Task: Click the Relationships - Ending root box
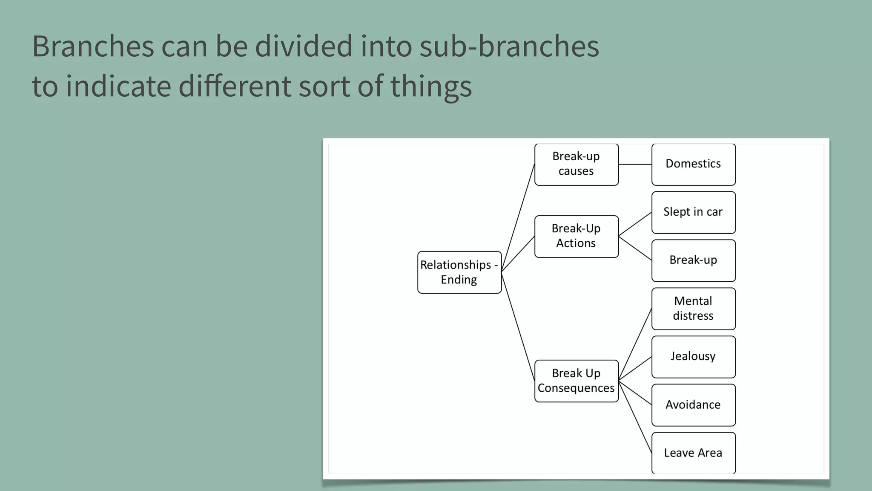click(459, 272)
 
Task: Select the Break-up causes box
click(576, 164)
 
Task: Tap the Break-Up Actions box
click(576, 236)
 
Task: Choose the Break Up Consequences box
click(576, 381)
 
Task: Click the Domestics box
click(693, 164)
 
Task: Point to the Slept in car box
click(693, 212)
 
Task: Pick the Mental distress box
click(693, 309)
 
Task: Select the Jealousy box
click(693, 357)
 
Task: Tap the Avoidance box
click(693, 405)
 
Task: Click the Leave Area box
click(693, 453)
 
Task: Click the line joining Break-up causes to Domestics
click(635, 164)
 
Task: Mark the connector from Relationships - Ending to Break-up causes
click(518, 217)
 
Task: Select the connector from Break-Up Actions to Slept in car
click(635, 224)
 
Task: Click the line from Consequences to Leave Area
click(635, 417)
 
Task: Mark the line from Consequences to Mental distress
click(635, 344)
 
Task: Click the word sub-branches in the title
click(509, 46)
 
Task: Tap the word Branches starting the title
click(93, 46)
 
